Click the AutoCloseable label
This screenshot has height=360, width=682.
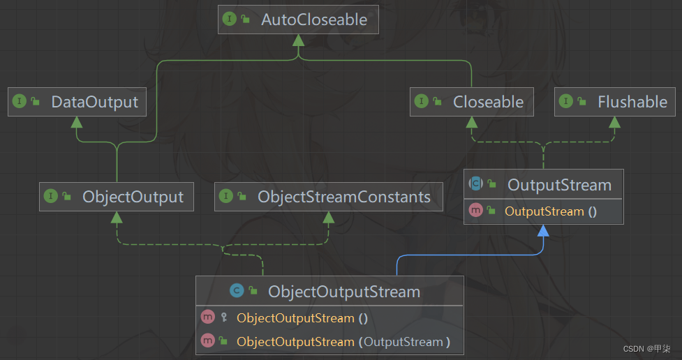click(313, 20)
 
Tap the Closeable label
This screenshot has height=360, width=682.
click(488, 102)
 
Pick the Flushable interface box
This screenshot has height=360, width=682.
click(632, 102)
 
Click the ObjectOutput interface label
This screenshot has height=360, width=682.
click(133, 197)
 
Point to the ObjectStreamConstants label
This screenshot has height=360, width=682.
click(343, 197)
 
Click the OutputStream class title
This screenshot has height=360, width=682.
click(559, 185)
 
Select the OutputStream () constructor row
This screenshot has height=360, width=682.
click(550, 211)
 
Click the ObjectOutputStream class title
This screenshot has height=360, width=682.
click(344, 292)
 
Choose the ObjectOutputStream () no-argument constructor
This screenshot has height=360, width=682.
click(302, 318)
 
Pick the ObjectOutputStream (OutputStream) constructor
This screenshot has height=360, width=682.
click(343, 342)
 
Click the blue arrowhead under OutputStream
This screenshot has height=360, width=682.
click(543, 231)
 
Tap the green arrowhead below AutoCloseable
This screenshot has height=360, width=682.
click(299, 40)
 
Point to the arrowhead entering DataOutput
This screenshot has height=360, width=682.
click(76, 121)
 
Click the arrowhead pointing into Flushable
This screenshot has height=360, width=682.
click(614, 121)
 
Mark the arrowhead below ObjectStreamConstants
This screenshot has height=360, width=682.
click(327, 216)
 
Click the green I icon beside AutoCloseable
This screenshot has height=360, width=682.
click(229, 20)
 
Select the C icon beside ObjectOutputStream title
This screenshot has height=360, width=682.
click(237, 292)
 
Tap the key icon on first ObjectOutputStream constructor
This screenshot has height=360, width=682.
click(223, 318)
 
